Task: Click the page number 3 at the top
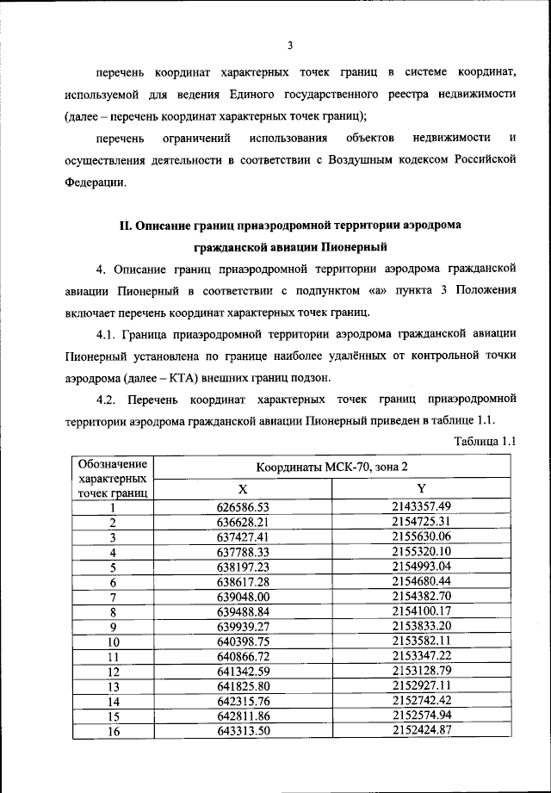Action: point(290,46)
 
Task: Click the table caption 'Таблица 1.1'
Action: point(482,441)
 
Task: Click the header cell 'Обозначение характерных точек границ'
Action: point(113,478)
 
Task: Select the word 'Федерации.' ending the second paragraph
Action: point(95,183)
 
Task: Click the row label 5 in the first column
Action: point(113,567)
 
